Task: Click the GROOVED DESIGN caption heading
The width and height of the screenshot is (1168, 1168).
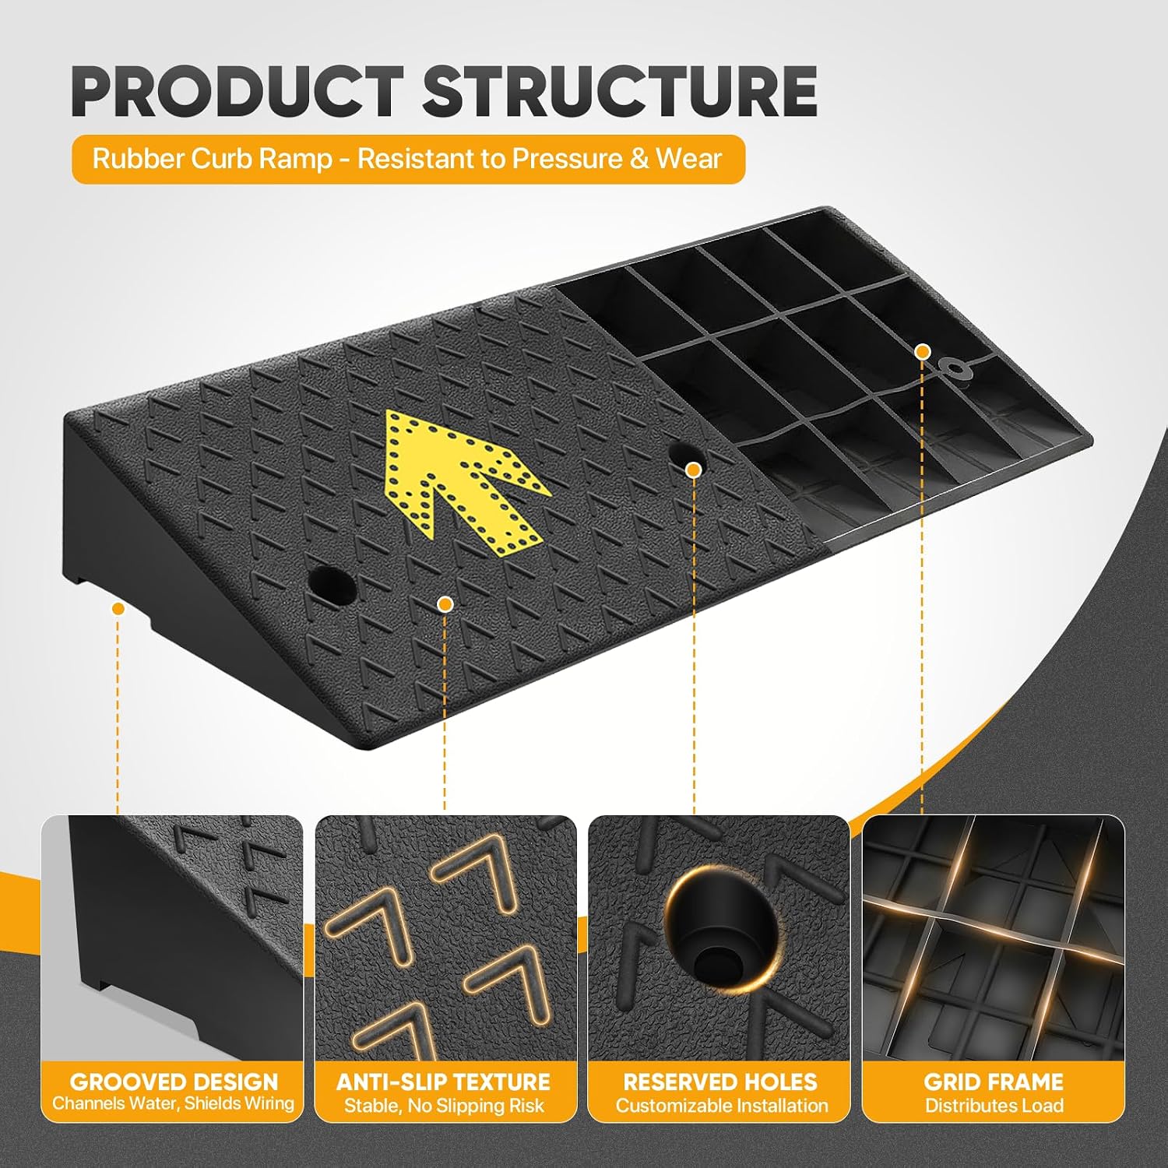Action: tap(174, 1082)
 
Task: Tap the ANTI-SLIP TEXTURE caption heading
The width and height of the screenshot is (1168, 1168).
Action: tap(444, 1082)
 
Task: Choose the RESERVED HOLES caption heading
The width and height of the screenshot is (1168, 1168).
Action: tap(720, 1082)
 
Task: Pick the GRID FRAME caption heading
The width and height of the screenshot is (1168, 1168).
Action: tap(994, 1082)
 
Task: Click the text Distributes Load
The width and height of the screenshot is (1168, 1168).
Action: tap(994, 1106)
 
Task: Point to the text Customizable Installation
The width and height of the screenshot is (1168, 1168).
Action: tap(722, 1106)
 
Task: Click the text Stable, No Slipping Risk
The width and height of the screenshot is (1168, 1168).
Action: tap(444, 1106)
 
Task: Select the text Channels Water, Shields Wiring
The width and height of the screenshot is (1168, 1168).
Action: tap(174, 1103)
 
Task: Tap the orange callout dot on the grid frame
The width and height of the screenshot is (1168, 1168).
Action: tap(923, 351)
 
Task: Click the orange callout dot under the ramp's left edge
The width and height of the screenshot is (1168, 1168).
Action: tap(118, 607)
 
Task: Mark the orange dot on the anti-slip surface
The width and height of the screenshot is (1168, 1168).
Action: tap(445, 603)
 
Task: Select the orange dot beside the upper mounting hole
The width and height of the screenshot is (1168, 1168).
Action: tap(693, 470)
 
